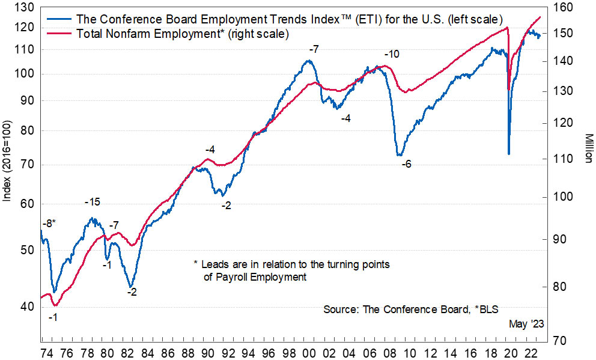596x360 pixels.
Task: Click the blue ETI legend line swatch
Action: point(58,19)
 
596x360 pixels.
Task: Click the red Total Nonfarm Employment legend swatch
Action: point(58,34)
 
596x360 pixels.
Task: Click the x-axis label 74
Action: point(46,352)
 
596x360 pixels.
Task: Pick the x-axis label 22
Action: point(530,352)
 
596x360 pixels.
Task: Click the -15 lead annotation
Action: point(92,202)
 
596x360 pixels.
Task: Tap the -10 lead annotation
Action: point(392,54)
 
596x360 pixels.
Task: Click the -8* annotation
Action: point(49,224)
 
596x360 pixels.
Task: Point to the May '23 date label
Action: point(526,324)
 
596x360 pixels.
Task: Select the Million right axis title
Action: point(588,148)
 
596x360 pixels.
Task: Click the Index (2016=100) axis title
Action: point(7,161)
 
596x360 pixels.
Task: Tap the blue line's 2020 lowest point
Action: point(508,154)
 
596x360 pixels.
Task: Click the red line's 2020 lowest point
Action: point(508,90)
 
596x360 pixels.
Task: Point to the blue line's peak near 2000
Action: point(309,60)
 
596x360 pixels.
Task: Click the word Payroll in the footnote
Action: point(232,277)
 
